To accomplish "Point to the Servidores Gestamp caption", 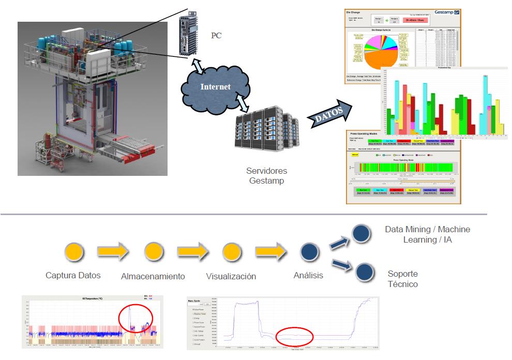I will [x=267, y=176].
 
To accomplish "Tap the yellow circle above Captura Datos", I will [x=74, y=252].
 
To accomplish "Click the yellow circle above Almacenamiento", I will [x=153, y=252].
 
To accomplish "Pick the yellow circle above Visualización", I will [x=231, y=252].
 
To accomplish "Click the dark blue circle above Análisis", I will [x=309, y=252].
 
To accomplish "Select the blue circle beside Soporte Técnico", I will [x=365, y=272].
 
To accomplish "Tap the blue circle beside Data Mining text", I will [x=361, y=233].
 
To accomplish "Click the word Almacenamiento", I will [x=153, y=277].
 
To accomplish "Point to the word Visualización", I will [x=231, y=276].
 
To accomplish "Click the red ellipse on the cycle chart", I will [x=295, y=337].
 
